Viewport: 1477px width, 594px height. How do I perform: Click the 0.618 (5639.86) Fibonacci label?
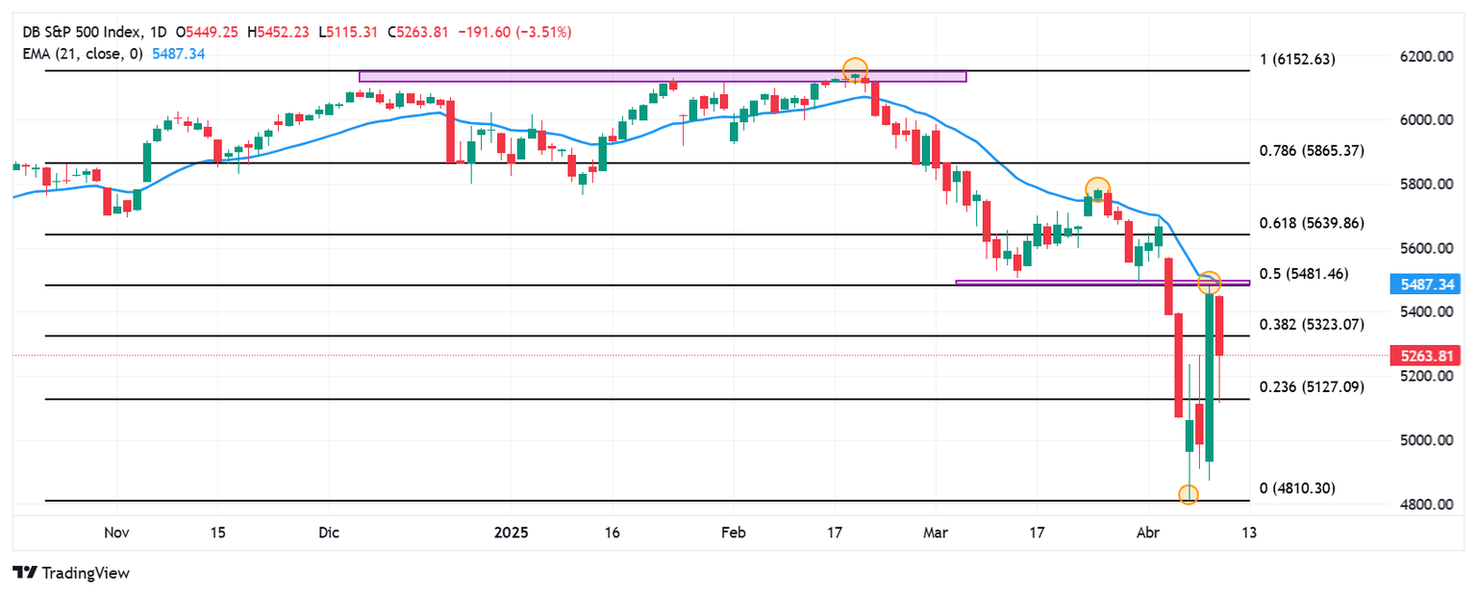pyautogui.click(x=1312, y=223)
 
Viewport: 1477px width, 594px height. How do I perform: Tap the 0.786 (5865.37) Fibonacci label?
pyautogui.click(x=1312, y=151)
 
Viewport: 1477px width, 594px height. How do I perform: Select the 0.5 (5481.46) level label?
pyautogui.click(x=1304, y=274)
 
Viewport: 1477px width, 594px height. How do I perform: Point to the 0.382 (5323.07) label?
pyautogui.click(x=1312, y=324)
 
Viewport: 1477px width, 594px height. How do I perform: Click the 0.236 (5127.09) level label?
pyautogui.click(x=1312, y=387)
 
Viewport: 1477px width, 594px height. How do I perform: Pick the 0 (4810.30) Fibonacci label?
pyautogui.click(x=1297, y=488)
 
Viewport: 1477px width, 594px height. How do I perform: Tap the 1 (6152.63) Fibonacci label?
pyautogui.click(x=1297, y=60)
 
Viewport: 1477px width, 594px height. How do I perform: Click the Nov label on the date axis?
pyautogui.click(x=116, y=532)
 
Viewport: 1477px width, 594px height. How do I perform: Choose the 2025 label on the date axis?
pyautogui.click(x=509, y=532)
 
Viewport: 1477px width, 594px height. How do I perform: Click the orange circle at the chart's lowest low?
pyautogui.click(x=1189, y=494)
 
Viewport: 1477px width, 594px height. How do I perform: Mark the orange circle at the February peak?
pyautogui.click(x=855, y=70)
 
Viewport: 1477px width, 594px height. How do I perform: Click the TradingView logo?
pyautogui.click(x=71, y=573)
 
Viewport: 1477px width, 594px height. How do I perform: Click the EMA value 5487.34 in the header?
pyautogui.click(x=179, y=54)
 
